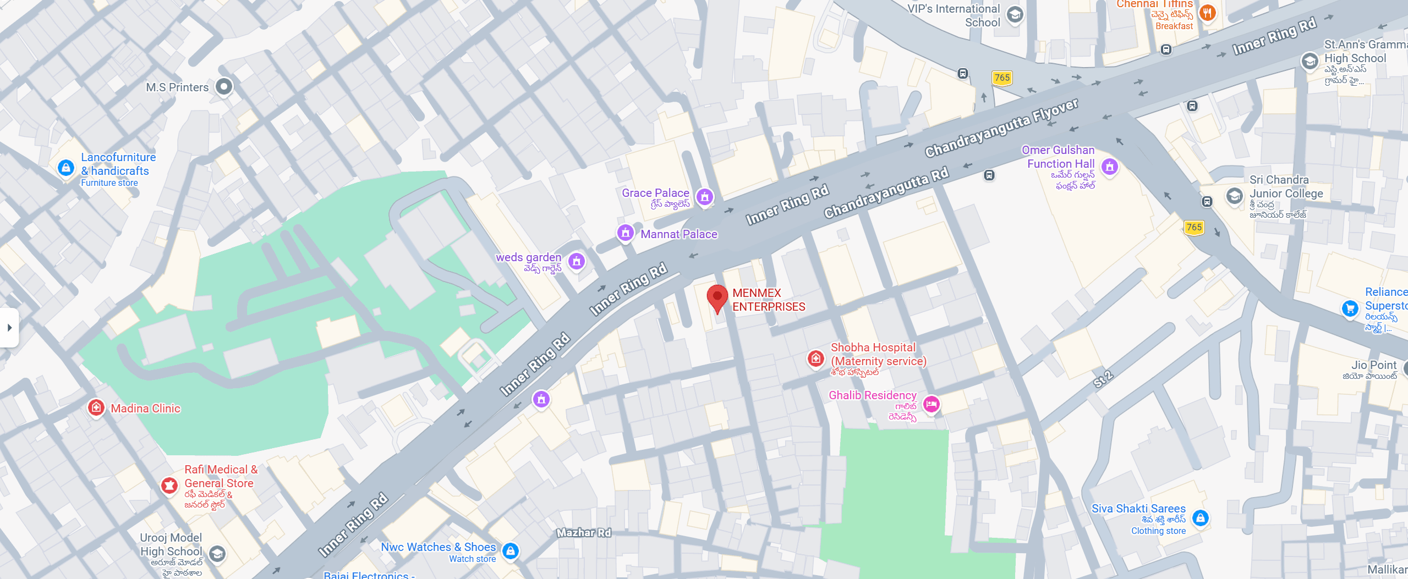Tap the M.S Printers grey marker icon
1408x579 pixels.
[223, 86]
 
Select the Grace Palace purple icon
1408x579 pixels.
[704, 196]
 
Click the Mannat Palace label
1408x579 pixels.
[678, 234]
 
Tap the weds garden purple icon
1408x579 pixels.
[576, 261]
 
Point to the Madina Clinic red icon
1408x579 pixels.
[96, 407]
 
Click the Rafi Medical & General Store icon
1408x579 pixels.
[169, 485]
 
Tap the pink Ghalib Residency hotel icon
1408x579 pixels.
[931, 405]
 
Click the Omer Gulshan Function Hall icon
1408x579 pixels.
[1109, 166]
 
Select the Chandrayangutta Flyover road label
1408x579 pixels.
[1001, 128]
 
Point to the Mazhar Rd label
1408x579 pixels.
[583, 532]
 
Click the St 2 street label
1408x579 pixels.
[1103, 379]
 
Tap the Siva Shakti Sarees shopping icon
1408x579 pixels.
[1200, 517]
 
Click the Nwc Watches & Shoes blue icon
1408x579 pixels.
[511, 550]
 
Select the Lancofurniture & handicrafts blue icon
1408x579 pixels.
[66, 167]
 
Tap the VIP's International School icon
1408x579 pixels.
[1015, 15]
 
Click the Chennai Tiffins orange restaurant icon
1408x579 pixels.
[1207, 12]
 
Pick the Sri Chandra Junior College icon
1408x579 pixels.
[1235, 195]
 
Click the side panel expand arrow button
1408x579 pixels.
[9, 328]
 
